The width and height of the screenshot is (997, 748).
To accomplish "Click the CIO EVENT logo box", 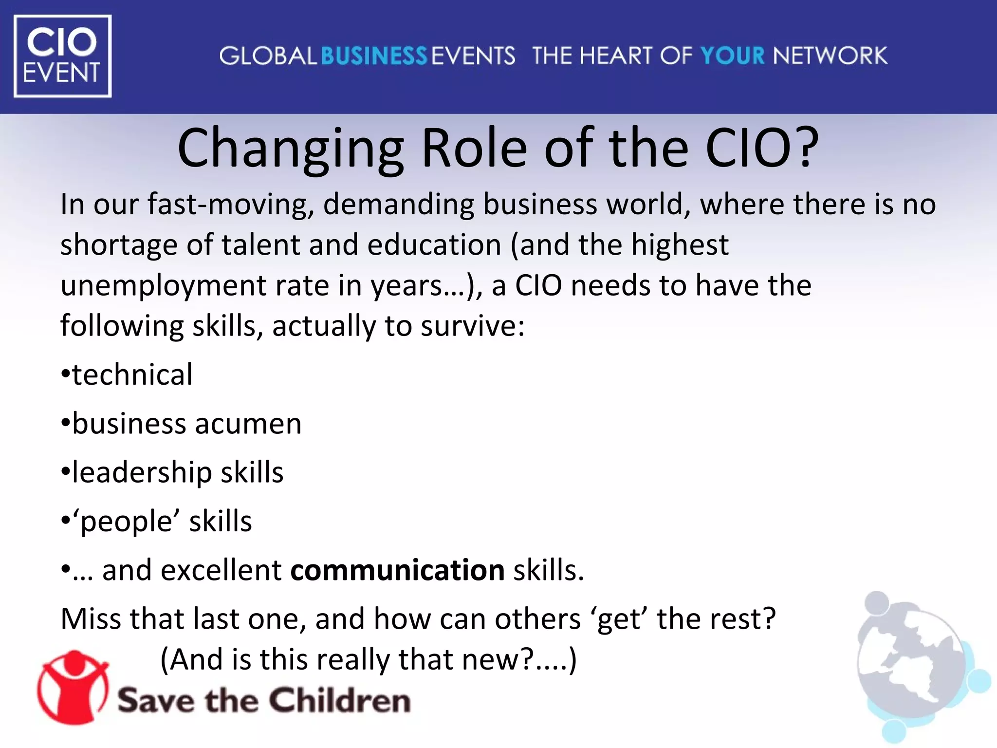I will pos(62,56).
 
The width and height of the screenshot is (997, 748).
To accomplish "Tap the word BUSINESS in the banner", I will pos(374,56).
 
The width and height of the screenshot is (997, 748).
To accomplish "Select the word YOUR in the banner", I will pos(732,56).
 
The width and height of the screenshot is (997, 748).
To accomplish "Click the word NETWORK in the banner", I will pos(830,56).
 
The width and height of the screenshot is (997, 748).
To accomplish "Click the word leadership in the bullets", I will pos(142,473).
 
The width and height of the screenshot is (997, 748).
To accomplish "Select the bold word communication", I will pos(397,570).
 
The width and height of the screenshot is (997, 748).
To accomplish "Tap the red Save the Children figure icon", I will pos(73,687).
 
